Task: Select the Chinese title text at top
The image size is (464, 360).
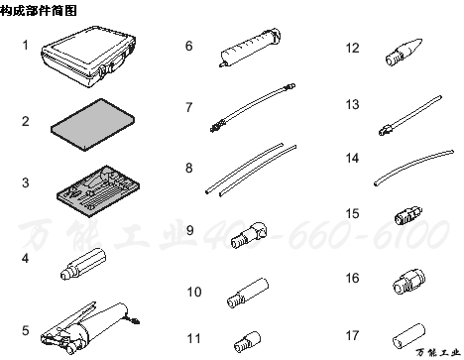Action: (x=34, y=9)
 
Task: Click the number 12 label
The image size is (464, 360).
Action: (x=352, y=47)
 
